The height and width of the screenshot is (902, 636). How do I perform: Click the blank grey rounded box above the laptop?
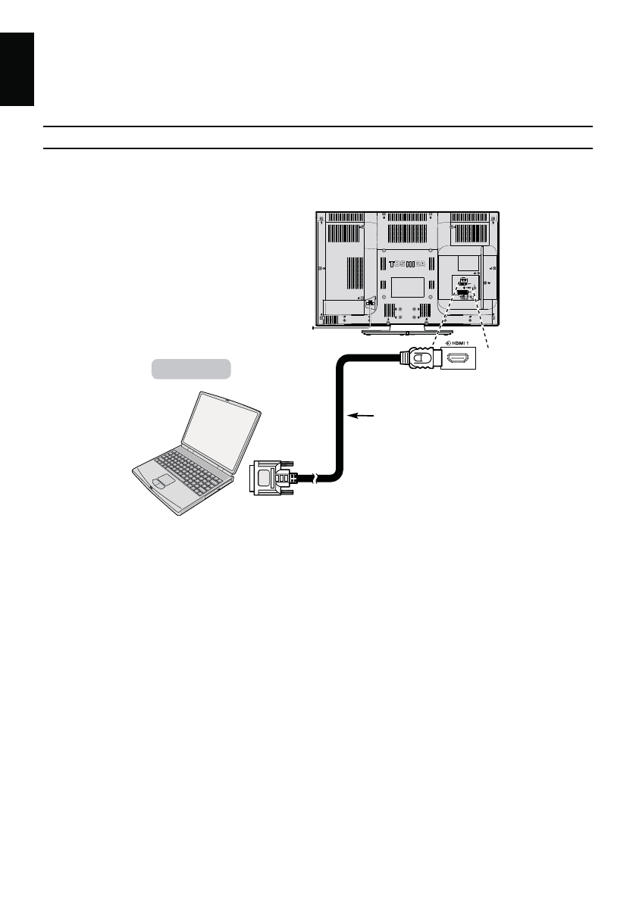[190, 368]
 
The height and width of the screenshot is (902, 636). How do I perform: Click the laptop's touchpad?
[161, 481]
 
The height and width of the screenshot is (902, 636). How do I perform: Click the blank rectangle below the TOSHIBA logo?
[408, 286]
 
